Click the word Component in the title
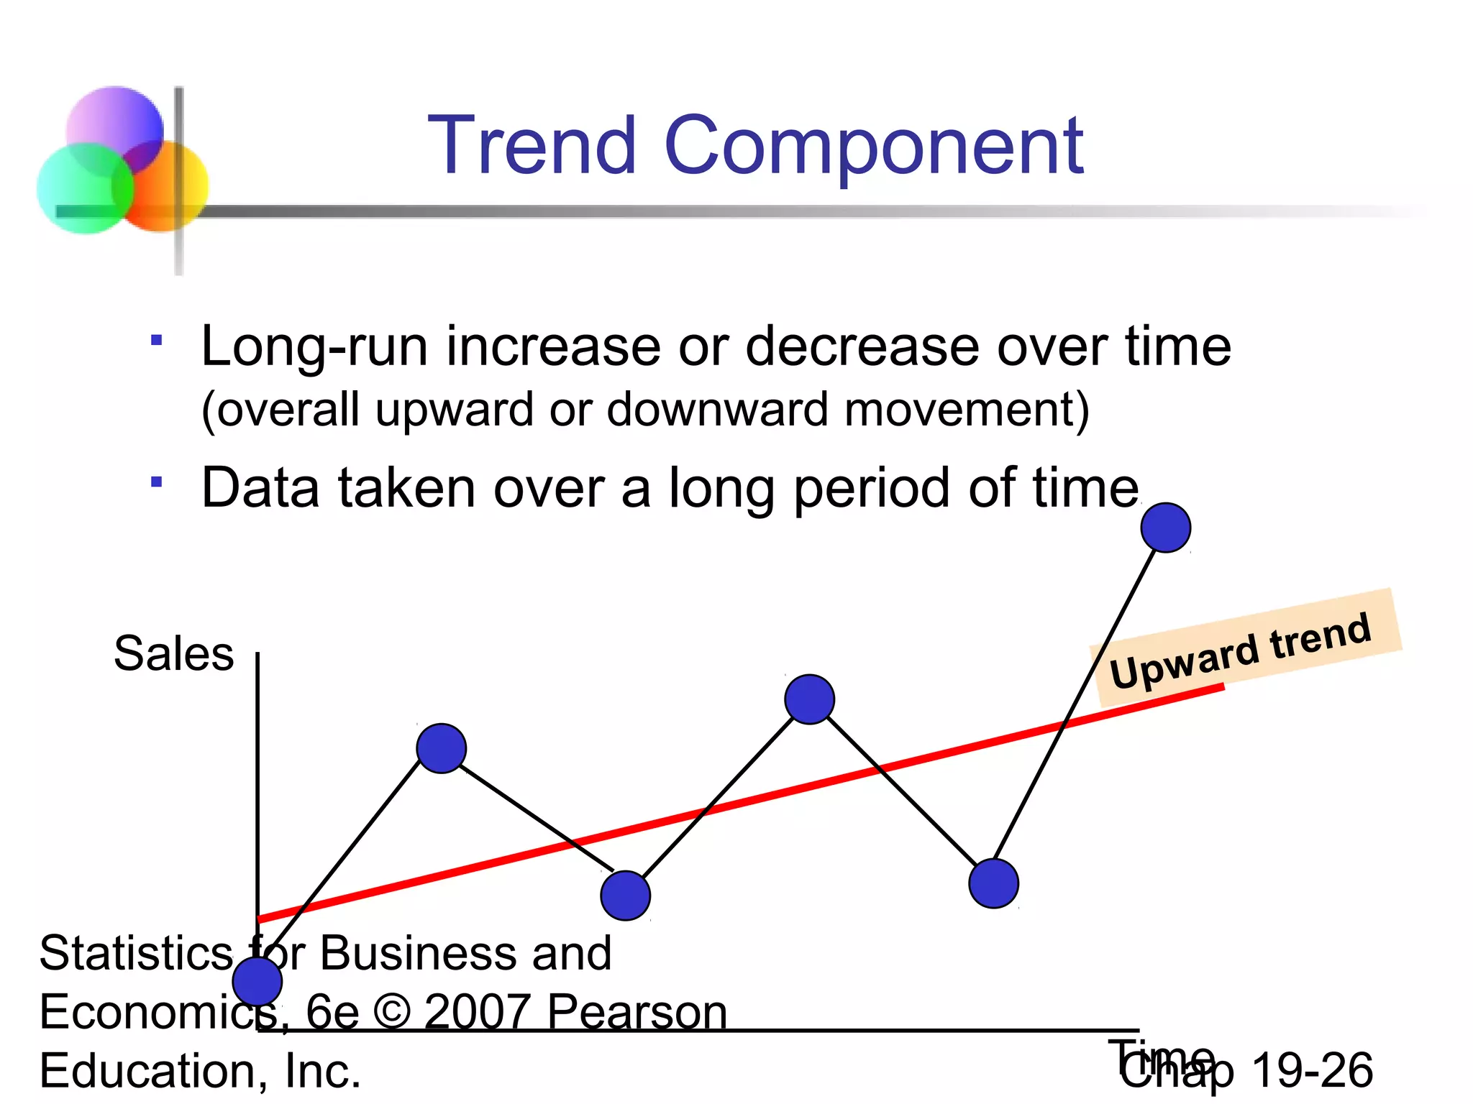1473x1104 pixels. (x=873, y=147)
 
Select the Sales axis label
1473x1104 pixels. (x=173, y=653)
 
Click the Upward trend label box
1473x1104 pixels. (x=1244, y=647)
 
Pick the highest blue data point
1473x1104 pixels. (x=1165, y=528)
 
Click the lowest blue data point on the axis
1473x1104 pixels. (x=257, y=980)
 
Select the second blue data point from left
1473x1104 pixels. (x=441, y=748)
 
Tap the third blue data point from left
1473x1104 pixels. (x=625, y=895)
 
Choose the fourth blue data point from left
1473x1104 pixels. (x=809, y=699)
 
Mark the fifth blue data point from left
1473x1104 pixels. (x=993, y=883)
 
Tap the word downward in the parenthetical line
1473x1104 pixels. (x=717, y=410)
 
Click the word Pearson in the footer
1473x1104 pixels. (x=637, y=1011)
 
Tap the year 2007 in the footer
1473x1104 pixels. (x=477, y=1011)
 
